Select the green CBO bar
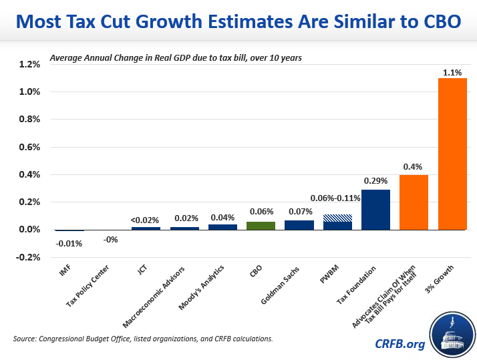tap(261, 226)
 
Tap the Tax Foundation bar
tap(375, 210)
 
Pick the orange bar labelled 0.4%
tap(414, 202)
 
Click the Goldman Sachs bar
tap(299, 225)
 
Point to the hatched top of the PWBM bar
tap(337, 218)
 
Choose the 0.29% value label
tap(375, 180)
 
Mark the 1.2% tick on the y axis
tap(29, 64)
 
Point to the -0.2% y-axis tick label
tap(29, 257)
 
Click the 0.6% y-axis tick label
tap(29, 147)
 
